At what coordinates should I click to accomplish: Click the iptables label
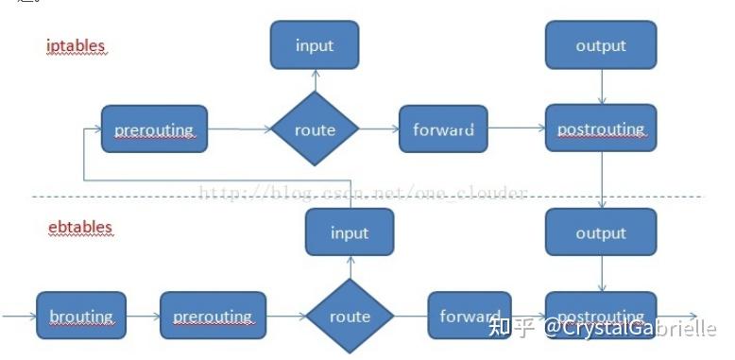[x=77, y=45]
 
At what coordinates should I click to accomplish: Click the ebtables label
[x=80, y=228]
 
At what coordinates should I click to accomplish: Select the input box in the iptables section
[x=315, y=45]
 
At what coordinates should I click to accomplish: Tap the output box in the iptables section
[x=601, y=45]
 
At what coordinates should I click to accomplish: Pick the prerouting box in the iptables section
[x=154, y=129]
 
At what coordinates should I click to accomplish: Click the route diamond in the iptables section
[x=315, y=129]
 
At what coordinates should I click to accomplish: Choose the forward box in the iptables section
[x=443, y=129]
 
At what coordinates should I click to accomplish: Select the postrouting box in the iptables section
[x=601, y=129]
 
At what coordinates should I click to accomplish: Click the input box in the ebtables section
[x=350, y=232]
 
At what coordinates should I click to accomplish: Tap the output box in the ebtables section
[x=601, y=232]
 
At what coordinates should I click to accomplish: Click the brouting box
[x=81, y=317]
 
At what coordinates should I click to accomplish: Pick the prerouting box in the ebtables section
[x=213, y=317]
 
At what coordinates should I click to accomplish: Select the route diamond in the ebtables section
[x=350, y=317]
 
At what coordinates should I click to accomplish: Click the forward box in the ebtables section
[x=470, y=317]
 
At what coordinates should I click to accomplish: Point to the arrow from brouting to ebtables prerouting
[x=143, y=317]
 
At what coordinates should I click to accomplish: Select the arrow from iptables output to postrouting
[x=602, y=87]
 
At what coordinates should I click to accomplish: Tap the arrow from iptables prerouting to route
[x=239, y=129]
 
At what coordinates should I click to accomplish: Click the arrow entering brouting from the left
[x=19, y=317]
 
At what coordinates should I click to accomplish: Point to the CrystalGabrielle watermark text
[x=627, y=328]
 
